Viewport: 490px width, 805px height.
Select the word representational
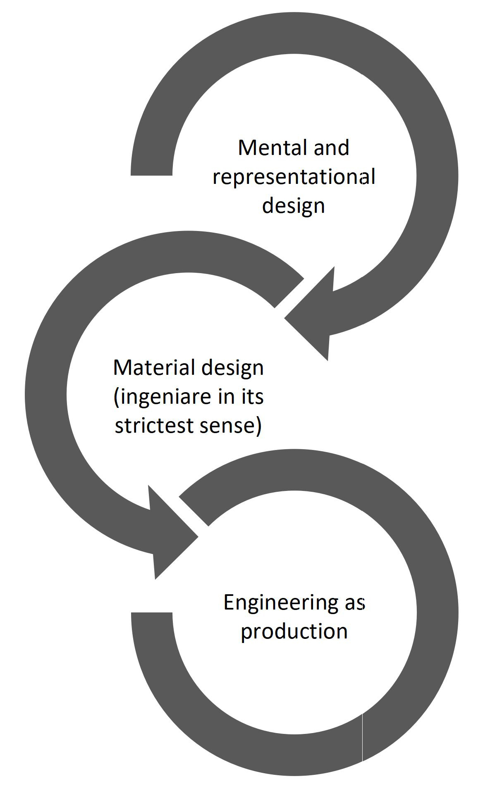coord(294,177)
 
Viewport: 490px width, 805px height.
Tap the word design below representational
coord(294,206)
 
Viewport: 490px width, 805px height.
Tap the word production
coord(294,631)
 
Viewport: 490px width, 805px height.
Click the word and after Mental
coord(331,148)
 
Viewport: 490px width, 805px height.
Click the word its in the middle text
coord(252,397)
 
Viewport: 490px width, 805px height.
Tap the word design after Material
coord(236,367)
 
